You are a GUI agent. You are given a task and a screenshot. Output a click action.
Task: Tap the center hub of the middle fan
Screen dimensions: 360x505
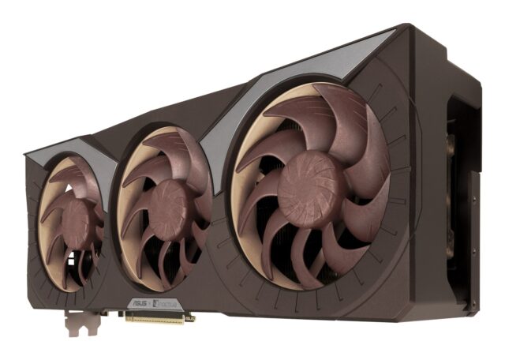pos(167,208)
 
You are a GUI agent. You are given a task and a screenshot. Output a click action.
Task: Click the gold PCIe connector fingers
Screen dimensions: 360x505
pos(158,317)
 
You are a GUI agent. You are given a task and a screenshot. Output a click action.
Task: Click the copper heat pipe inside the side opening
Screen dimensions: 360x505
pos(453,158)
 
